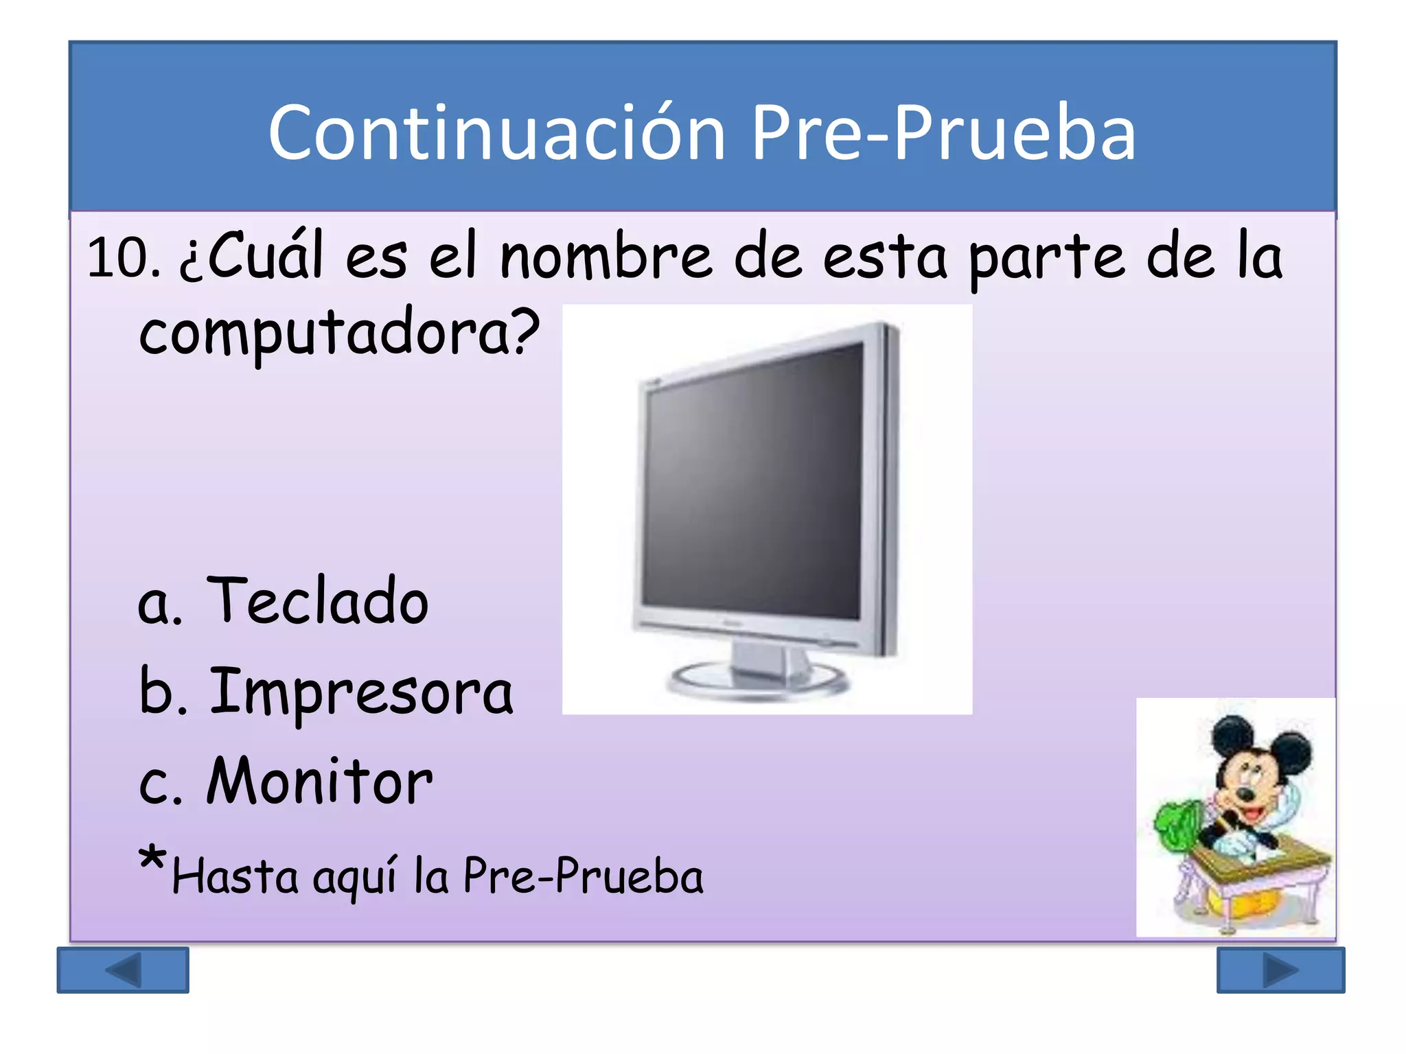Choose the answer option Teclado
(x=317, y=601)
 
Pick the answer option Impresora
(x=361, y=692)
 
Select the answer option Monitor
(x=320, y=782)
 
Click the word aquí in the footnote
(x=354, y=878)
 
